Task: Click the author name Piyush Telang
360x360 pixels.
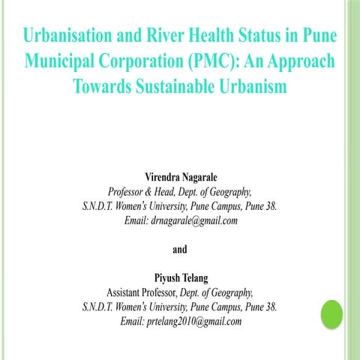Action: click(x=180, y=278)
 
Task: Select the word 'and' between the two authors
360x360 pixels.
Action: click(x=180, y=249)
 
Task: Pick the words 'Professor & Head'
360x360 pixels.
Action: click(x=142, y=191)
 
